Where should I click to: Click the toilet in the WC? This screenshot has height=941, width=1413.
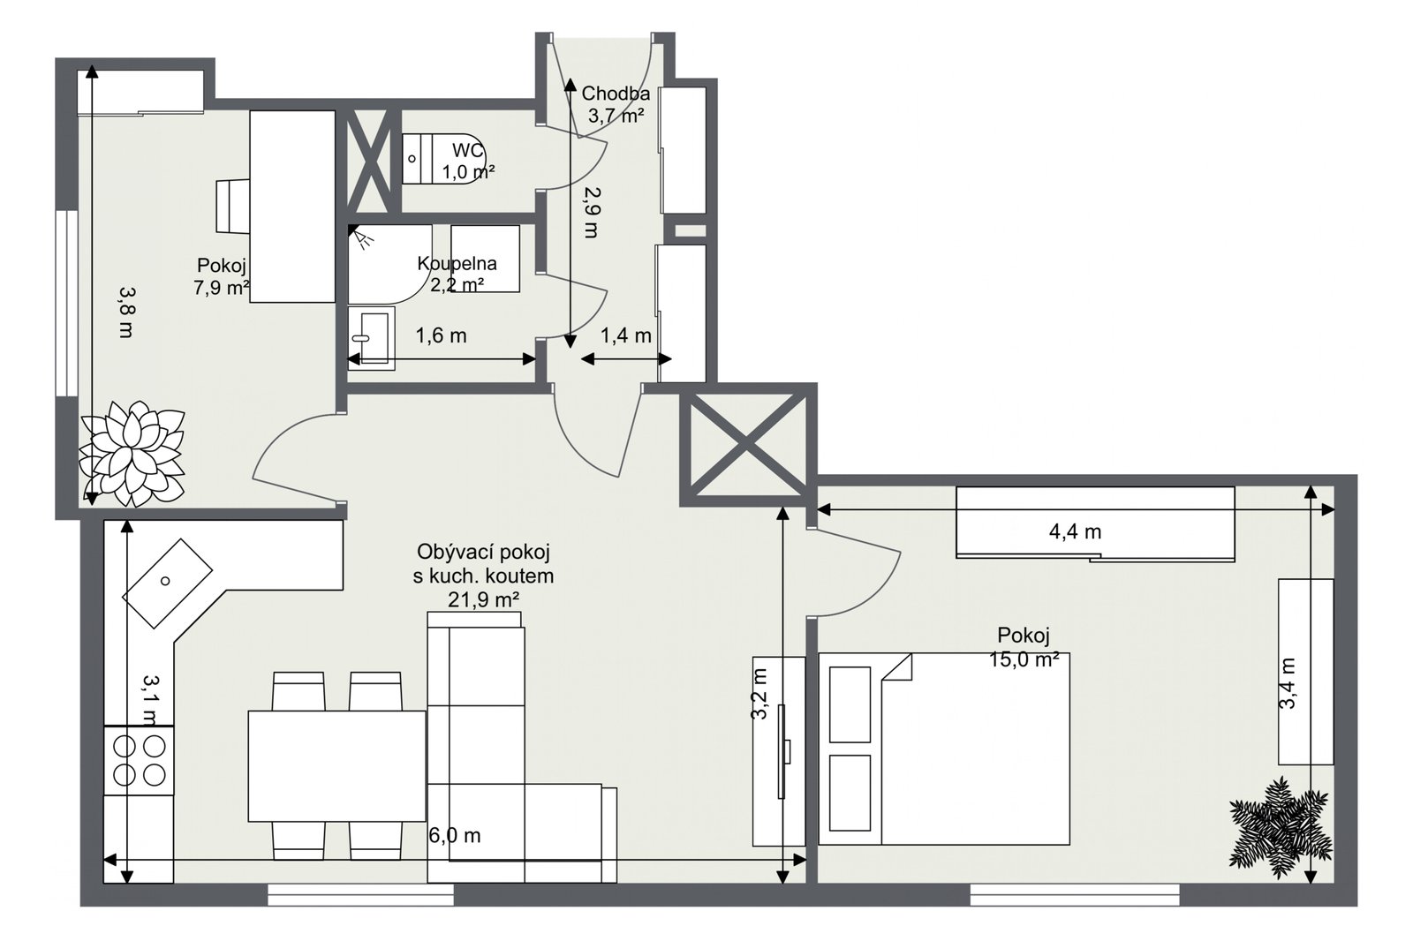[x=442, y=158]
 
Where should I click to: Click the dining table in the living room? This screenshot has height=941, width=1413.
[x=336, y=765]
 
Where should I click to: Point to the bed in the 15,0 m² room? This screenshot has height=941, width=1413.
[x=944, y=749]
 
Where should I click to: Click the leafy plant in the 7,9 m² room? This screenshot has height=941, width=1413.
[x=132, y=454]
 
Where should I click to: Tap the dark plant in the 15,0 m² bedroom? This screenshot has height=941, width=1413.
[x=1280, y=827]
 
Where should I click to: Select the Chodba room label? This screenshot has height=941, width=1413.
[x=615, y=94]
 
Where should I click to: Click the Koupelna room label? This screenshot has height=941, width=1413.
[x=457, y=263]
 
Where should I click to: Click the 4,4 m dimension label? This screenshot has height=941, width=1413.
[x=1075, y=531]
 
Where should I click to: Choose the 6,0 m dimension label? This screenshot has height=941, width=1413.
[x=454, y=836]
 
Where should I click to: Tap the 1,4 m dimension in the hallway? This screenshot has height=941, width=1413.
[x=625, y=335]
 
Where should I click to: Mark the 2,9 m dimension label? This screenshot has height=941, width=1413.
[x=591, y=213]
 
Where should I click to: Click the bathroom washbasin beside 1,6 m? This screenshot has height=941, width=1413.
[x=372, y=338]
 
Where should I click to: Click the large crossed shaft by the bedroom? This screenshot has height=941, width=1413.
[x=748, y=445]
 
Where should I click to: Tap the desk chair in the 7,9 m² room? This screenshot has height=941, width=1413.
[x=233, y=207]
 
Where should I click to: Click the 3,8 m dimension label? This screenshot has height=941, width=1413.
[x=126, y=312]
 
